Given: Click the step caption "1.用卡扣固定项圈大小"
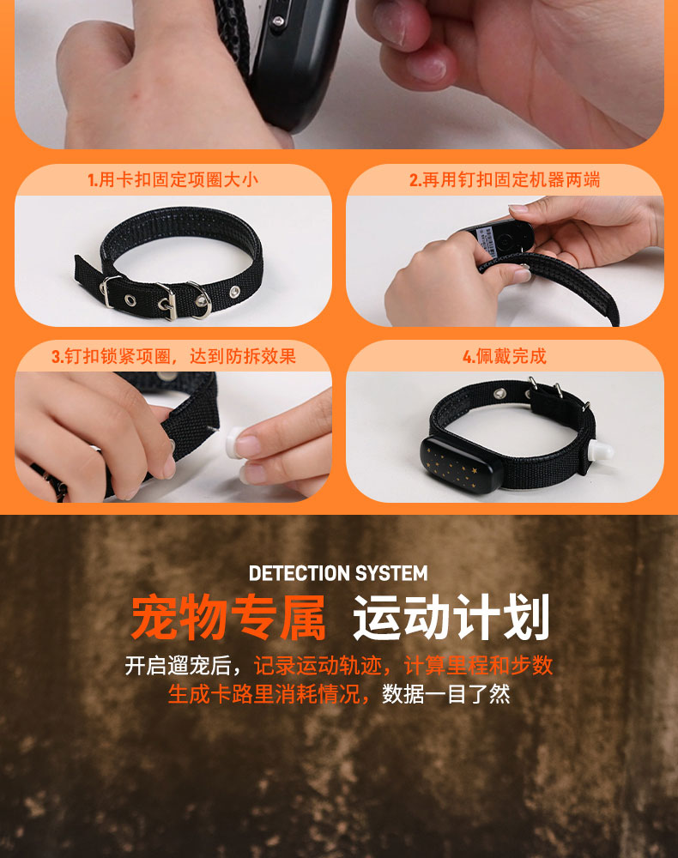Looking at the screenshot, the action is [x=173, y=179].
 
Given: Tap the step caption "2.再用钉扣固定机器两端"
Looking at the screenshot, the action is [x=505, y=179].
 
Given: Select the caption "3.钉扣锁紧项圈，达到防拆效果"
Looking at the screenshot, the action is [x=173, y=356].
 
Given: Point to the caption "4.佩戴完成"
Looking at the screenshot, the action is [x=504, y=356].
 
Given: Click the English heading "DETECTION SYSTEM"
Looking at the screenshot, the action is [x=338, y=573].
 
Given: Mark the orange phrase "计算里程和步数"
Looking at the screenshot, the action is [x=478, y=666].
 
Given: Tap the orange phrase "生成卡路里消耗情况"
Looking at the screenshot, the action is [x=263, y=694].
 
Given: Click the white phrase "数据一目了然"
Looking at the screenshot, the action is [x=446, y=694].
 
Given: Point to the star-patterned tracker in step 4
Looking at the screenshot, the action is [x=463, y=464].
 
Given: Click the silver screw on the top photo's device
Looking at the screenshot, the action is [x=278, y=21].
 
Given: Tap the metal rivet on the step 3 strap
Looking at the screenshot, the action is [x=166, y=377].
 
